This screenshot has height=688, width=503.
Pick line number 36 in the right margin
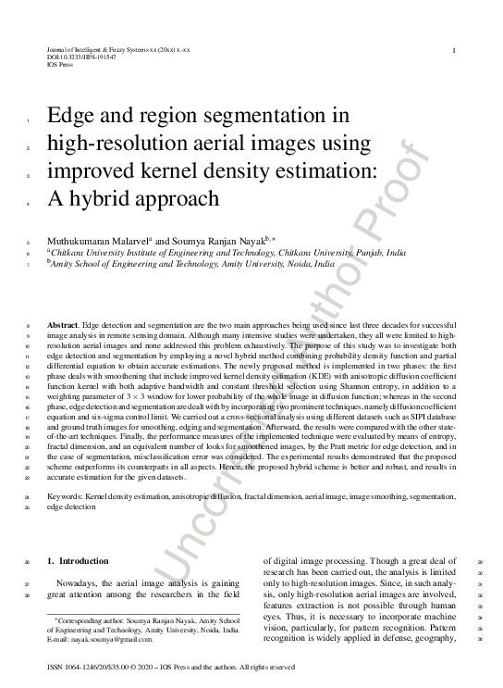pyautogui.click(x=482, y=639)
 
